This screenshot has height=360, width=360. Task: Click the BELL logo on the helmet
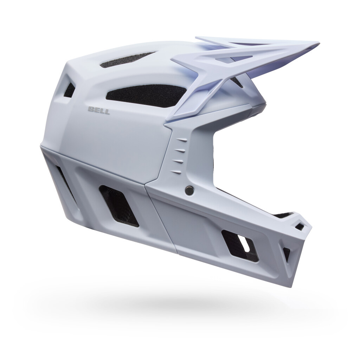click(x=99, y=111)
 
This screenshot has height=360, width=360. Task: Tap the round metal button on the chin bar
click(x=189, y=190)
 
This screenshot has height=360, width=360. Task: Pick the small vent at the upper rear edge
click(x=70, y=90)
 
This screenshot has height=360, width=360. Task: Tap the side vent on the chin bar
click(x=240, y=245)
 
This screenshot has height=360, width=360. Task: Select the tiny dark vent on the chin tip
click(x=300, y=226)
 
